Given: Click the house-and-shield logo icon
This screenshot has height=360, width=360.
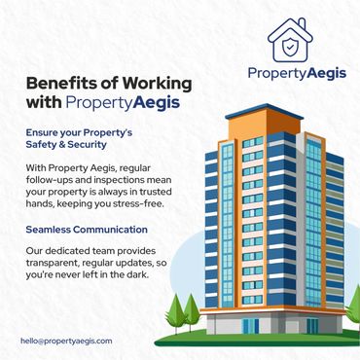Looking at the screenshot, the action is pos(290,40).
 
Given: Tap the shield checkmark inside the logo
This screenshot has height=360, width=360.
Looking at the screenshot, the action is pos(289,48).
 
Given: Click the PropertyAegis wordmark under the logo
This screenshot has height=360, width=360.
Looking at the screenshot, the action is pos(297,73).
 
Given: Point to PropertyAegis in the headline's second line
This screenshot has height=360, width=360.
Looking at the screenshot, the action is pos(123,103).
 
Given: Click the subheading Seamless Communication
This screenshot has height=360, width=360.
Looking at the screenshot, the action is pos(87,230).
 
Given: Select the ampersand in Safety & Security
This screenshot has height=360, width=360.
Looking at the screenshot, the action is pos(62,145).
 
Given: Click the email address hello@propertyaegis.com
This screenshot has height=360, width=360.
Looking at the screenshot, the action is pos(66,342).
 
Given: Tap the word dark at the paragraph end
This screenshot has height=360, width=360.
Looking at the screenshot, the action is pos(138,274).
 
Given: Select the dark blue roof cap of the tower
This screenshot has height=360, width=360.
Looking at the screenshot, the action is pos(265,111).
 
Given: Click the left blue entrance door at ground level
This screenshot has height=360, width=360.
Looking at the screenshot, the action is pos(251,326).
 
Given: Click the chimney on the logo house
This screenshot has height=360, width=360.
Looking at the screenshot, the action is pos(302,24).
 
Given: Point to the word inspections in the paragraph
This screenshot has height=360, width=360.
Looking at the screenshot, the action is pos(110,180).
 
